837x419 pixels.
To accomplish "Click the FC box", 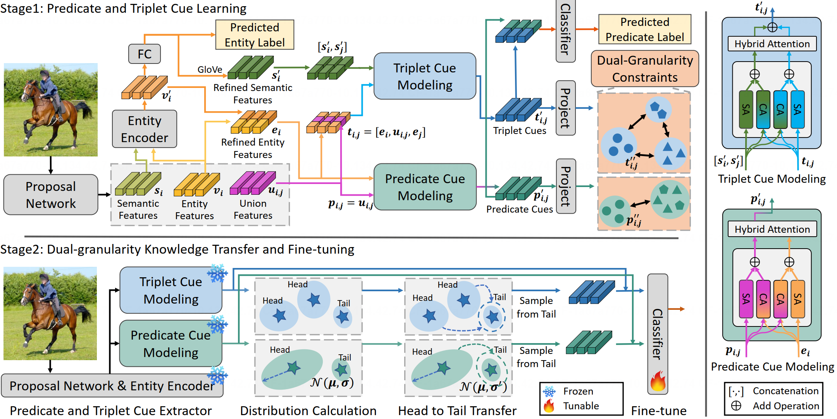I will click(145, 54).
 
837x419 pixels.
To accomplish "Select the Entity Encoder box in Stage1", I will click(145, 129).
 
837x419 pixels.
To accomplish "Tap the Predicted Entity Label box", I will click(255, 35).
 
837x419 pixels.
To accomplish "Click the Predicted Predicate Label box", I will click(644, 29).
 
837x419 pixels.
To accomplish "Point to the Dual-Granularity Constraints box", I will click(645, 69).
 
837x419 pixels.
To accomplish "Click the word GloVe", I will click(210, 69).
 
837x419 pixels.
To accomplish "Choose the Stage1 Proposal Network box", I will click(51, 195).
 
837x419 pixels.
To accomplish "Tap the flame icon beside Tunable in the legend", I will click(549, 406).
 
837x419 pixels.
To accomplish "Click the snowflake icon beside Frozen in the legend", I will click(549, 392).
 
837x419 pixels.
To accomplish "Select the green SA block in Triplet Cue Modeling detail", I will click(746, 110).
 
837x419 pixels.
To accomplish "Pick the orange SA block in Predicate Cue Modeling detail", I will click(797, 299).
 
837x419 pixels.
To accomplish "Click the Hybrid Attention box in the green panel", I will click(772, 229).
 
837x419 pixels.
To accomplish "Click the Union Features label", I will click(253, 209).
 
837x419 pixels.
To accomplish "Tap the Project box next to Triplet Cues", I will click(565, 108).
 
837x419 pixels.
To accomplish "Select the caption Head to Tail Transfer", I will click(457, 410).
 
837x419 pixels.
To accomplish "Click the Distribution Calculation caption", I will click(308, 410).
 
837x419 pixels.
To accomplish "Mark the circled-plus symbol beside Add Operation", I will click(736, 406).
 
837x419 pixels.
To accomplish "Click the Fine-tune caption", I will click(659, 410).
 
